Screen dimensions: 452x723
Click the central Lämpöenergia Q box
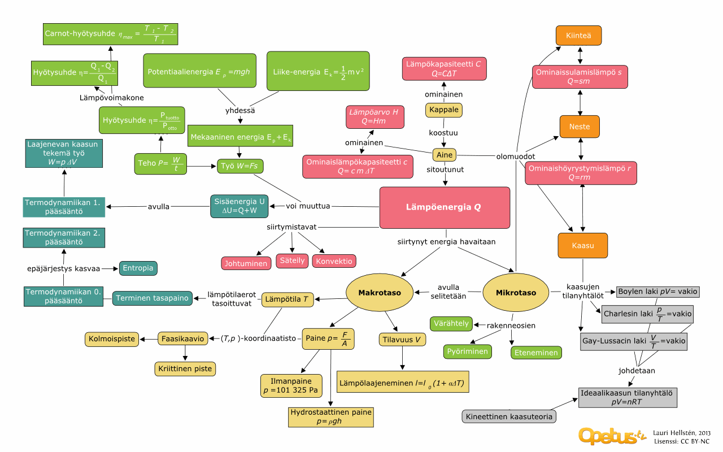pos(445,207)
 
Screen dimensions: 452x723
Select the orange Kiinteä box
pos(578,36)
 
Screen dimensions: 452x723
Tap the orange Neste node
pos(580,127)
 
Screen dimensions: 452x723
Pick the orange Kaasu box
pos(582,246)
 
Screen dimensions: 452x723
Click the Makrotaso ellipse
pos(380,293)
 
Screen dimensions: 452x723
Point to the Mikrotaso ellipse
pos(515,293)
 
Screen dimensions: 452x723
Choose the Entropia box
pos(137,268)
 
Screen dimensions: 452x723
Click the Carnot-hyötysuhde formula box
pos(110,34)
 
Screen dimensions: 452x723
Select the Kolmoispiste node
pos(112,339)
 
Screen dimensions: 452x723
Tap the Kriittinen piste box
pos(185,369)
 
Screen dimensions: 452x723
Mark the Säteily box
pos(292,260)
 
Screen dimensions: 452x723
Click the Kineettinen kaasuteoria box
pos(509,417)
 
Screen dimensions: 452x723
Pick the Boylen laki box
pos(658,292)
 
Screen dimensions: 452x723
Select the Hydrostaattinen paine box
pos(331,417)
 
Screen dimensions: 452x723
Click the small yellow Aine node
pos(445,155)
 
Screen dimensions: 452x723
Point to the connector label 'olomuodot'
pos(515,156)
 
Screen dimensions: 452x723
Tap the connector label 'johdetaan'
pos(636,371)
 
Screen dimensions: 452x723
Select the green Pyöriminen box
pos(467,351)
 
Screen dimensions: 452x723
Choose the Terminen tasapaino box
pos(152,298)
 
